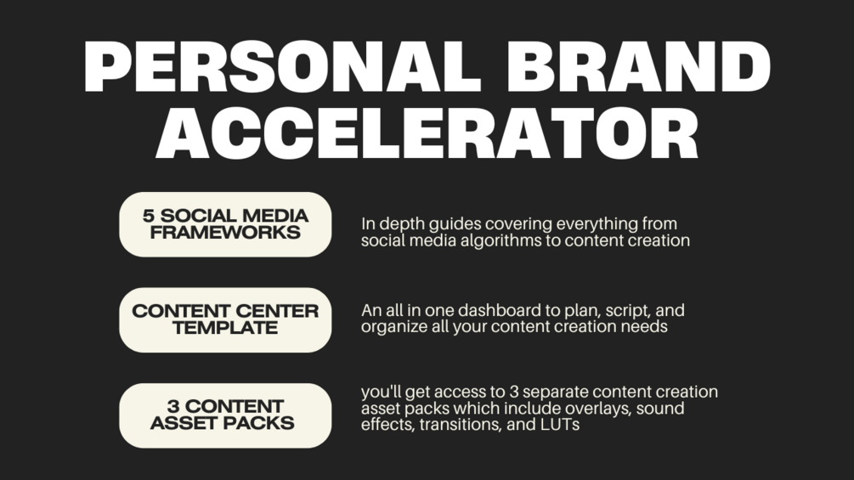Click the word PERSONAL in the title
(x=290, y=66)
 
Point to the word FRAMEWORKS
(x=225, y=232)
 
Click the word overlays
(x=578, y=408)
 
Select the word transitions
(x=459, y=424)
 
